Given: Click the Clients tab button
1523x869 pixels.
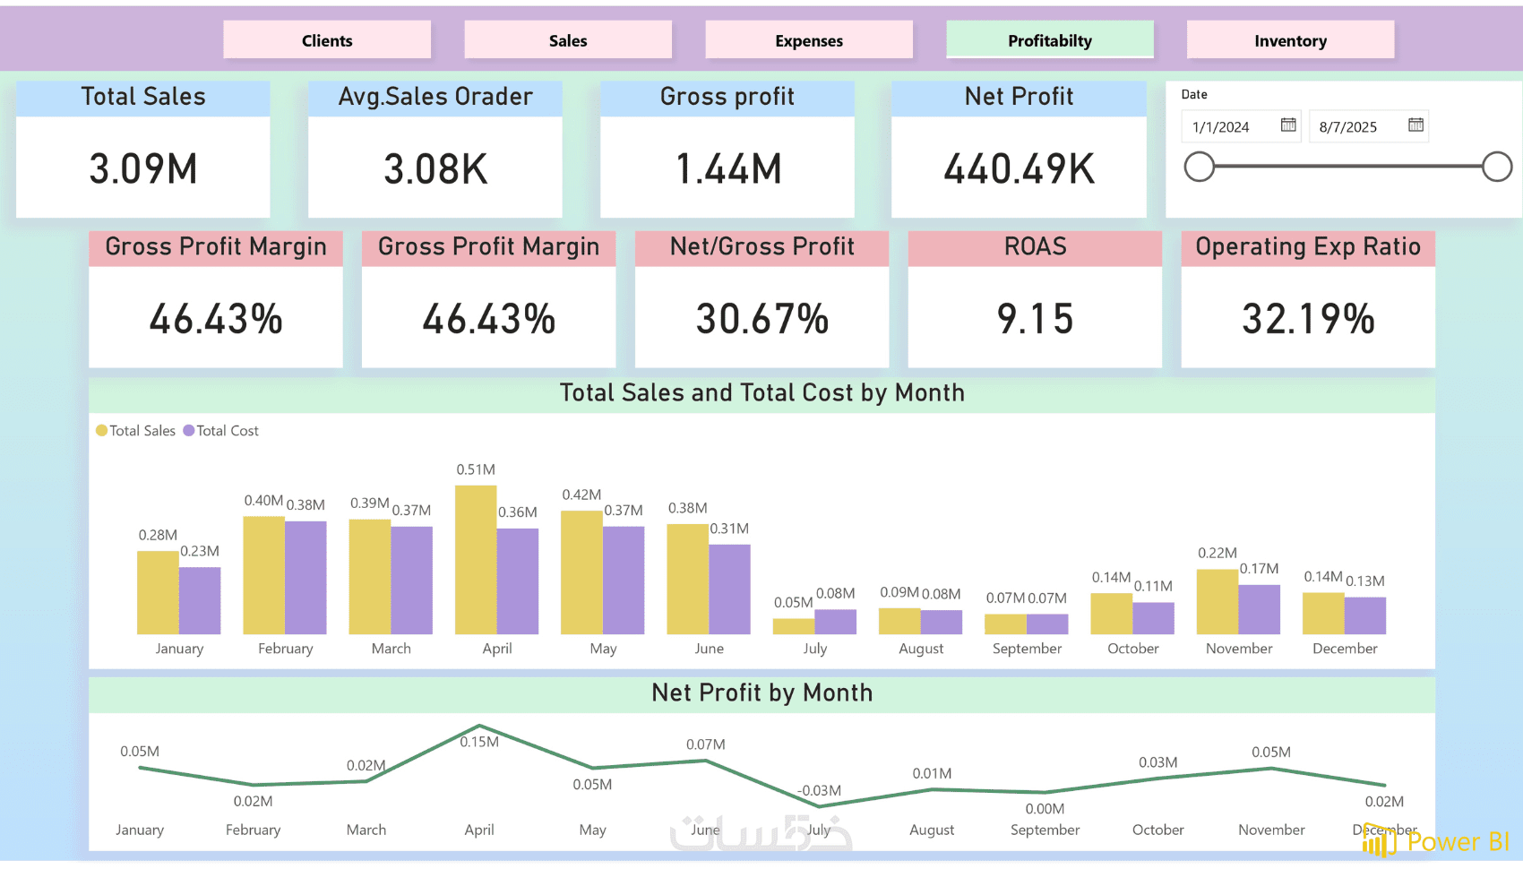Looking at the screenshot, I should click(327, 40).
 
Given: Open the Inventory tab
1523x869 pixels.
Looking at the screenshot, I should click(1290, 40).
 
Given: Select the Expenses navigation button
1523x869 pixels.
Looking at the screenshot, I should click(809, 40).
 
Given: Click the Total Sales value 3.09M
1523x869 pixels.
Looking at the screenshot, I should click(143, 168).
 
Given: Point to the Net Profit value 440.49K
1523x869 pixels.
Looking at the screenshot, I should click(1020, 168).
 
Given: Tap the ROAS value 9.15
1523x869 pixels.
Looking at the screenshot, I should click(1035, 319).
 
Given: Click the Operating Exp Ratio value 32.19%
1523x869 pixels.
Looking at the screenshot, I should click(1308, 319).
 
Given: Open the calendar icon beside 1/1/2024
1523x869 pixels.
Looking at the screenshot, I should click(1288, 125).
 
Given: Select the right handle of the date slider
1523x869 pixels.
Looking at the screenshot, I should click(1497, 167).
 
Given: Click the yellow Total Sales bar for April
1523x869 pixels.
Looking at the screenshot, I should click(476, 560).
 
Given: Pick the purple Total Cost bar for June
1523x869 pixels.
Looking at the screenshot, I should click(729, 589).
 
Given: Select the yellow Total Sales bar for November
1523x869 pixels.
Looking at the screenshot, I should click(1218, 601).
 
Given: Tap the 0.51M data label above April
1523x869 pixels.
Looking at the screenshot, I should click(476, 469).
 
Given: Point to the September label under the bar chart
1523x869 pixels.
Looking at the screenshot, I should click(1027, 649).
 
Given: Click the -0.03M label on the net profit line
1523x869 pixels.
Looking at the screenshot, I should click(820, 791).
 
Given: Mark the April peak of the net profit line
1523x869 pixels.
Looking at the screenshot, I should click(479, 726).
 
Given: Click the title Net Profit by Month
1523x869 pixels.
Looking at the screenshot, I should click(761, 693).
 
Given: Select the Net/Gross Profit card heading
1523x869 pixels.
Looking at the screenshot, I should click(761, 247).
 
